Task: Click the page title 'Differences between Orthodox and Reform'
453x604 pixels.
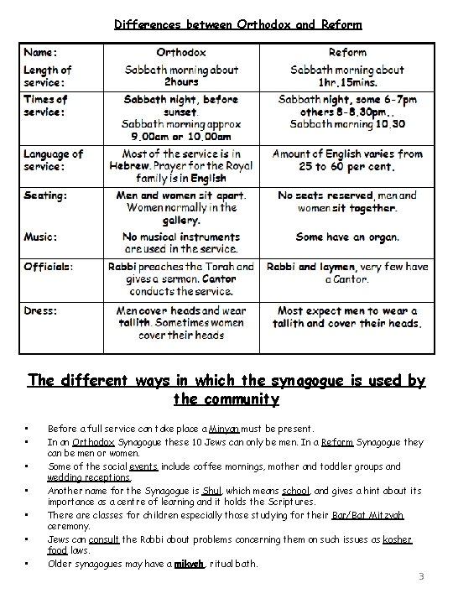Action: point(226,24)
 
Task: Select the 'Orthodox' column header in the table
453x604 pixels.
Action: point(182,51)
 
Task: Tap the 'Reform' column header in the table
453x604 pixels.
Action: point(346,51)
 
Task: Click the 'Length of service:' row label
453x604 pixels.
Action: point(48,75)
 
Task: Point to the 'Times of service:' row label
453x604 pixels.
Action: point(45,106)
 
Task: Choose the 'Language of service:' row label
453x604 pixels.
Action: point(53,159)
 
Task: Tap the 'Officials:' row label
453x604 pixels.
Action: point(49,266)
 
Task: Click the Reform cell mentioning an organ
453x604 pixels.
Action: point(346,237)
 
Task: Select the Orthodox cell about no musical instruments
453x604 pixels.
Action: point(182,243)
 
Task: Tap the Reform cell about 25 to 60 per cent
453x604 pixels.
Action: point(346,160)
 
